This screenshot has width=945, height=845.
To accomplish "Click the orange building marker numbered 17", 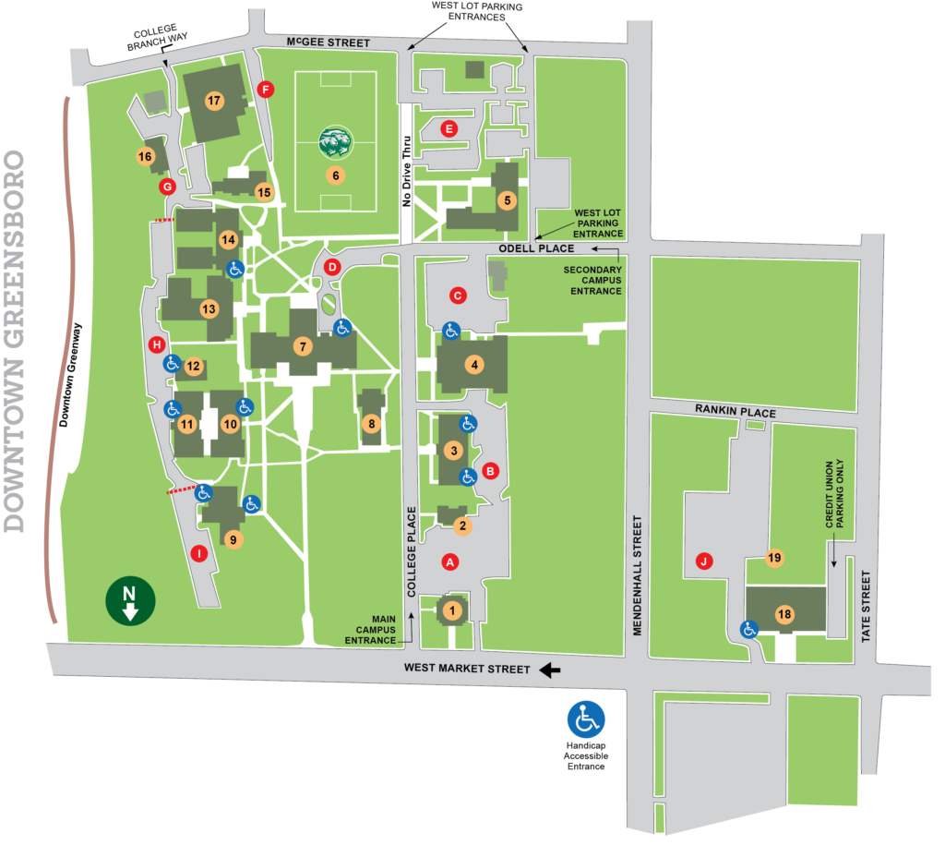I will pyautogui.click(x=214, y=100).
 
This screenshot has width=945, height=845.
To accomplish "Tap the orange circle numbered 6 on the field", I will pyautogui.click(x=336, y=175).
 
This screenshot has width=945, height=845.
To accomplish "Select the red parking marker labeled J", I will pyautogui.click(x=704, y=561).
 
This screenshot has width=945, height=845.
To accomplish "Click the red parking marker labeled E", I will pyautogui.click(x=449, y=128).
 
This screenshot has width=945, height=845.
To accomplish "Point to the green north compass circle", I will pyautogui.click(x=130, y=600).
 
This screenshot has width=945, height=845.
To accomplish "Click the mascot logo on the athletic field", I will pyautogui.click(x=336, y=142).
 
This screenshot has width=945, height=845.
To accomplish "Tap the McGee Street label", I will pyautogui.click(x=328, y=42).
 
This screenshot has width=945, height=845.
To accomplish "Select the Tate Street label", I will pyautogui.click(x=865, y=602).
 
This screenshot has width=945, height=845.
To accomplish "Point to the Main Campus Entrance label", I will pyautogui.click(x=371, y=628).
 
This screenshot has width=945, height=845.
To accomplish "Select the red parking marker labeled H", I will pyautogui.click(x=156, y=345).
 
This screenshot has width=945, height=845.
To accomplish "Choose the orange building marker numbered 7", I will pyautogui.click(x=301, y=347).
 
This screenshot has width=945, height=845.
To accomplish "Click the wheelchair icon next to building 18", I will pyautogui.click(x=749, y=630).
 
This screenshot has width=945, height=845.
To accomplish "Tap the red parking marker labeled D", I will pyautogui.click(x=334, y=267).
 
